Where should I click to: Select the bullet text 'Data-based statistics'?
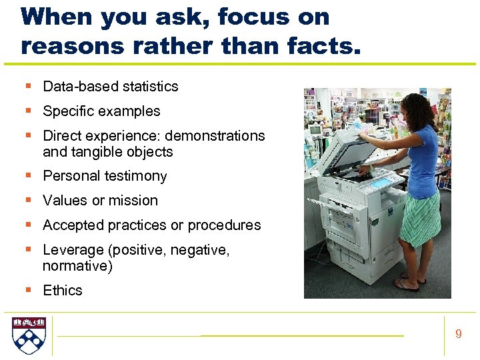tap(111, 86)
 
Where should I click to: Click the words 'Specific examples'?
tap(101, 111)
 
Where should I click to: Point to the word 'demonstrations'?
tap(215, 135)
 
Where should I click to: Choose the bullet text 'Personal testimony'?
tap(105, 176)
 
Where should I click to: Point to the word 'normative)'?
tap(77, 265)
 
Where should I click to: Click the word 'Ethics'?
tap(63, 290)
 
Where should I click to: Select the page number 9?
tap(458, 334)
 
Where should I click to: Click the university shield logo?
tap(29, 335)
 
